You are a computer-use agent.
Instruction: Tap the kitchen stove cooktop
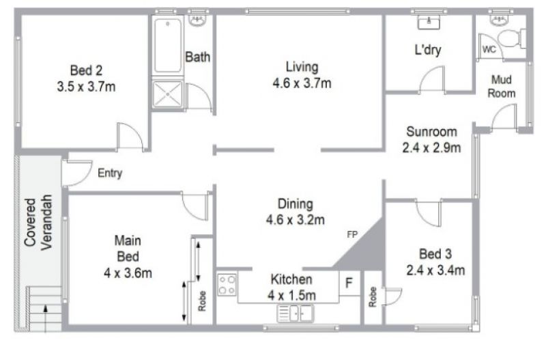click(x=227, y=285)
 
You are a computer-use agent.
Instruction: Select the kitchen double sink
click(x=296, y=313)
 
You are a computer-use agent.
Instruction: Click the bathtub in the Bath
click(x=168, y=46)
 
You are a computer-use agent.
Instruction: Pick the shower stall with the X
click(x=168, y=94)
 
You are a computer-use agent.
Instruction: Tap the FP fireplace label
click(x=352, y=234)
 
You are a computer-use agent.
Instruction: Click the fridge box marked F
click(x=349, y=283)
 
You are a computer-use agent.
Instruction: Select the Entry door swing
click(x=76, y=173)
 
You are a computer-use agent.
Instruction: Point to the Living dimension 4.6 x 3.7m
click(x=302, y=83)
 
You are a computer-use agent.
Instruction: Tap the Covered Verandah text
click(x=38, y=222)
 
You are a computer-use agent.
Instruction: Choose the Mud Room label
click(x=502, y=87)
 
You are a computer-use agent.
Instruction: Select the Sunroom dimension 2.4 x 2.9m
click(x=431, y=148)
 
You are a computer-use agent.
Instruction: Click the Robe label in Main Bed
click(x=202, y=301)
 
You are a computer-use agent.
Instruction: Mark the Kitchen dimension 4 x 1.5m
click(x=292, y=296)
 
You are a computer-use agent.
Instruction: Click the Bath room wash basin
click(x=198, y=20)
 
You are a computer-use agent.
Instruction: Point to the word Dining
click(x=296, y=204)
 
